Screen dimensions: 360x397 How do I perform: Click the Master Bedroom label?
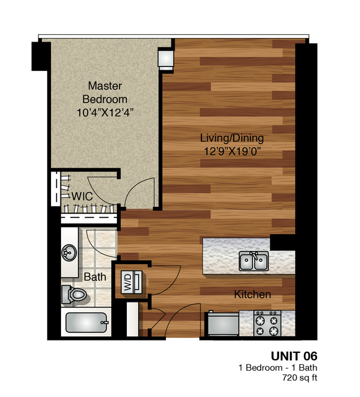pos(105,93)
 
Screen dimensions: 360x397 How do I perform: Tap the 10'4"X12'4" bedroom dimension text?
pos(105,112)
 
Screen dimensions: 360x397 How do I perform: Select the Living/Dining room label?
pos(232,139)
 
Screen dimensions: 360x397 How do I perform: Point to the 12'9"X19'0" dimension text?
pos(233,152)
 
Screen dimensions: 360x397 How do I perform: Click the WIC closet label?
pos(82,196)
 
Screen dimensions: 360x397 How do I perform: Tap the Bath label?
pos(95,277)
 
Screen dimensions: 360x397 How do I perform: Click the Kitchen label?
pos(252,294)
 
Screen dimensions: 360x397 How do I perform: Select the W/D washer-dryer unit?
pos(131,282)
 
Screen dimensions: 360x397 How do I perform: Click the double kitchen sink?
pos(254,261)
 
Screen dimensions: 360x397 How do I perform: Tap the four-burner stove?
pos(267,323)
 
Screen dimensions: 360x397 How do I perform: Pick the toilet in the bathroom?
pos(75,294)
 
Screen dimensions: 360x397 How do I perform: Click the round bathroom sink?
pos(69,253)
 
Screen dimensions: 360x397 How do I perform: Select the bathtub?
pos(86,322)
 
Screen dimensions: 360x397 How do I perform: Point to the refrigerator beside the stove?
pos(223,324)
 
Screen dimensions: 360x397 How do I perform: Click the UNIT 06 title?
pos(294,356)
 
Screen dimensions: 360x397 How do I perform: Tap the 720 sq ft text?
pos(300,378)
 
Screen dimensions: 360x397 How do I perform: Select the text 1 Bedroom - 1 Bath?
pos(278,368)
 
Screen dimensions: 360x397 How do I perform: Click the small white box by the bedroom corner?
pos(166,60)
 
